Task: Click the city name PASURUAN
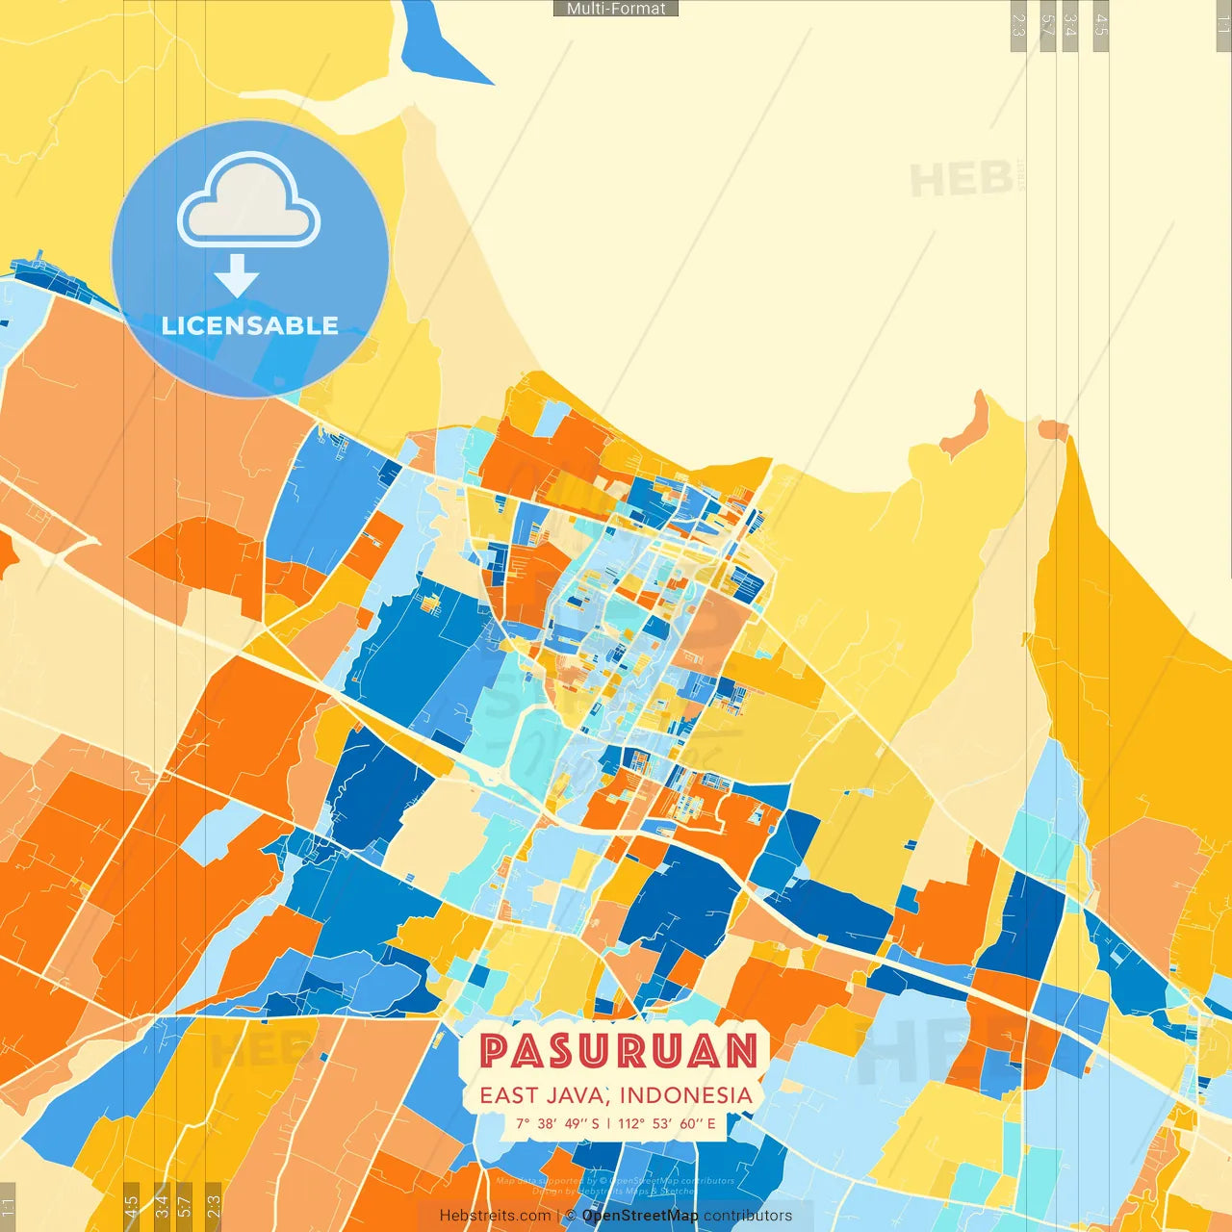[x=619, y=1050]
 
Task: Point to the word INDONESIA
[x=685, y=1095]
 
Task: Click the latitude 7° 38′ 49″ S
[x=556, y=1123]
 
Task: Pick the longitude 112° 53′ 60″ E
[x=666, y=1123]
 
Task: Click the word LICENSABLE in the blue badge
[x=250, y=325]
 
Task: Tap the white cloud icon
[x=248, y=200]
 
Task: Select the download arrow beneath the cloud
[x=237, y=275]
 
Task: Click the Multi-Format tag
[x=616, y=9]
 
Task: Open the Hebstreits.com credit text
[x=495, y=1216]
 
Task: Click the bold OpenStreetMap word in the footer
[x=640, y=1216]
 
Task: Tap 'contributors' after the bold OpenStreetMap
[x=747, y=1216]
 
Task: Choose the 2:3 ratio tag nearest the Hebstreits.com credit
[x=213, y=1205]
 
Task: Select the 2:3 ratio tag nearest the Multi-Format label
[x=1018, y=25]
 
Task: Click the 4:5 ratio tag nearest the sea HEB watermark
[x=1101, y=25]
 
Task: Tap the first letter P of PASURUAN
[x=496, y=1050]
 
